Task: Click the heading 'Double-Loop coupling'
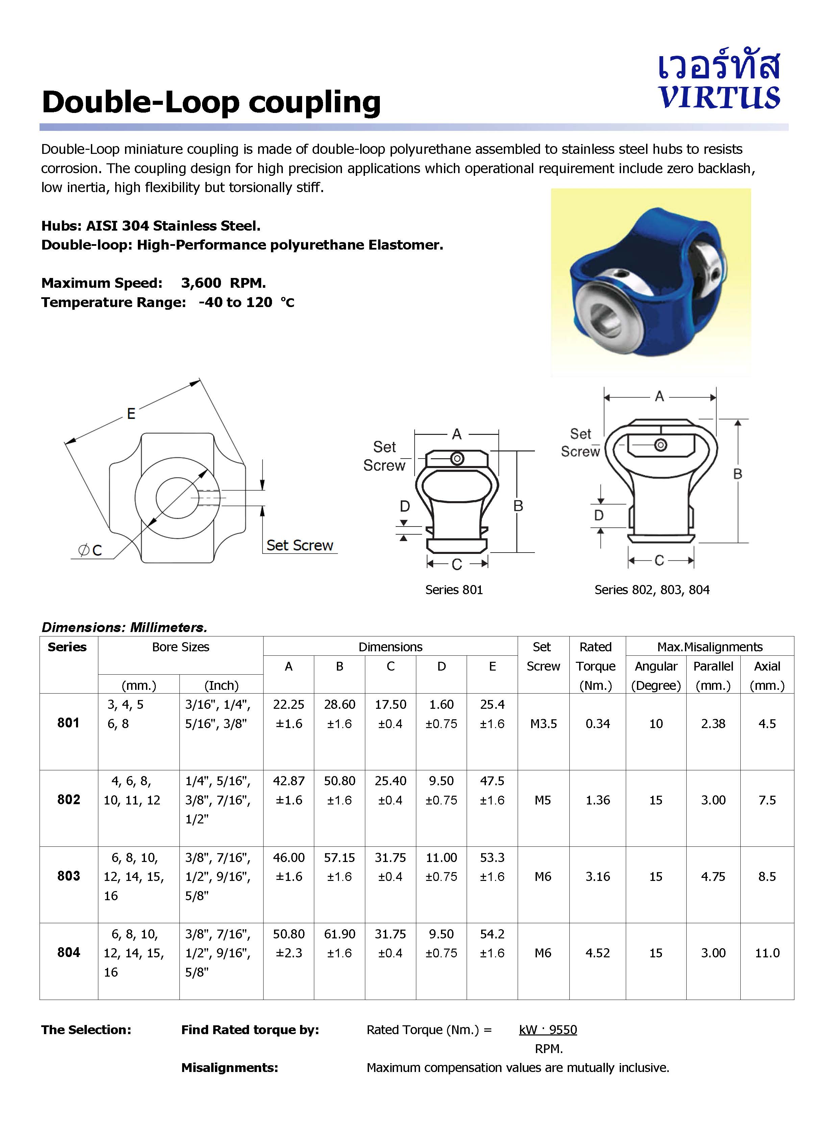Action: coord(211,102)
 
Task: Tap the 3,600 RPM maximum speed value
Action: coord(223,283)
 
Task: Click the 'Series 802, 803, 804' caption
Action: coord(651,589)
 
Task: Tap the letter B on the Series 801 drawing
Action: coord(518,506)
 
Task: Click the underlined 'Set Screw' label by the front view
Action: coord(299,545)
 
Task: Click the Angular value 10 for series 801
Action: coord(656,724)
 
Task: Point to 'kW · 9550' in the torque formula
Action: coord(548,1029)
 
